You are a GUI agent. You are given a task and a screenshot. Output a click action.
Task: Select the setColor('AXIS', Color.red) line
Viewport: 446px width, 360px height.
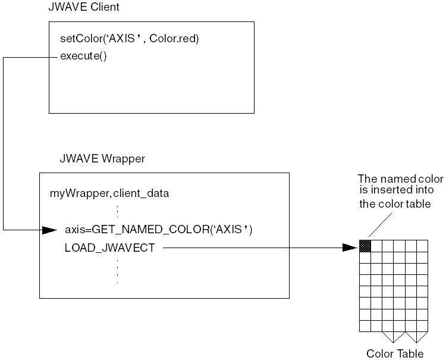click(129, 39)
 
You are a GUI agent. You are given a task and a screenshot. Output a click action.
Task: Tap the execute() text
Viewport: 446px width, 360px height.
click(83, 57)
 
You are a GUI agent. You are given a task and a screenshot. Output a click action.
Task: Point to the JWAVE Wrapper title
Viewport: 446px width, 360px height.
click(102, 159)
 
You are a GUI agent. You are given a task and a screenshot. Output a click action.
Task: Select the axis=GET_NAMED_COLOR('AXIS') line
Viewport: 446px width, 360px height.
click(158, 230)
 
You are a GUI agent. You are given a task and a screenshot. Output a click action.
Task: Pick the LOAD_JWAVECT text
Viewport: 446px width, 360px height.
click(109, 248)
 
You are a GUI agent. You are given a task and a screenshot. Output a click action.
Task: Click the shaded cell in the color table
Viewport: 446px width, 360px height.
click(365, 245)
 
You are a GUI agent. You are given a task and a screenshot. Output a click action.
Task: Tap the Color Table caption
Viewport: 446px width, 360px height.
click(395, 354)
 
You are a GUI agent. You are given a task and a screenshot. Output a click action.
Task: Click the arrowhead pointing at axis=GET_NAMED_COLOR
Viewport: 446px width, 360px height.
click(50, 230)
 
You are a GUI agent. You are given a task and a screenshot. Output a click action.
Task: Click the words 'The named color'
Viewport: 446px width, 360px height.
click(400, 179)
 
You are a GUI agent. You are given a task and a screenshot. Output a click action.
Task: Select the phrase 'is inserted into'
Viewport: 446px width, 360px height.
click(397, 190)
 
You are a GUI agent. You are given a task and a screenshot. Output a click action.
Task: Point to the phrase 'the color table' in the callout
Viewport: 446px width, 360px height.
click(397, 204)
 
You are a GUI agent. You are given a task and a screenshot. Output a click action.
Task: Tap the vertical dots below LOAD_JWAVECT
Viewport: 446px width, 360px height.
click(117, 270)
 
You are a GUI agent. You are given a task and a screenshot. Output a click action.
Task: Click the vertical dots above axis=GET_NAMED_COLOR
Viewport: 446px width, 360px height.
click(117, 211)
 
